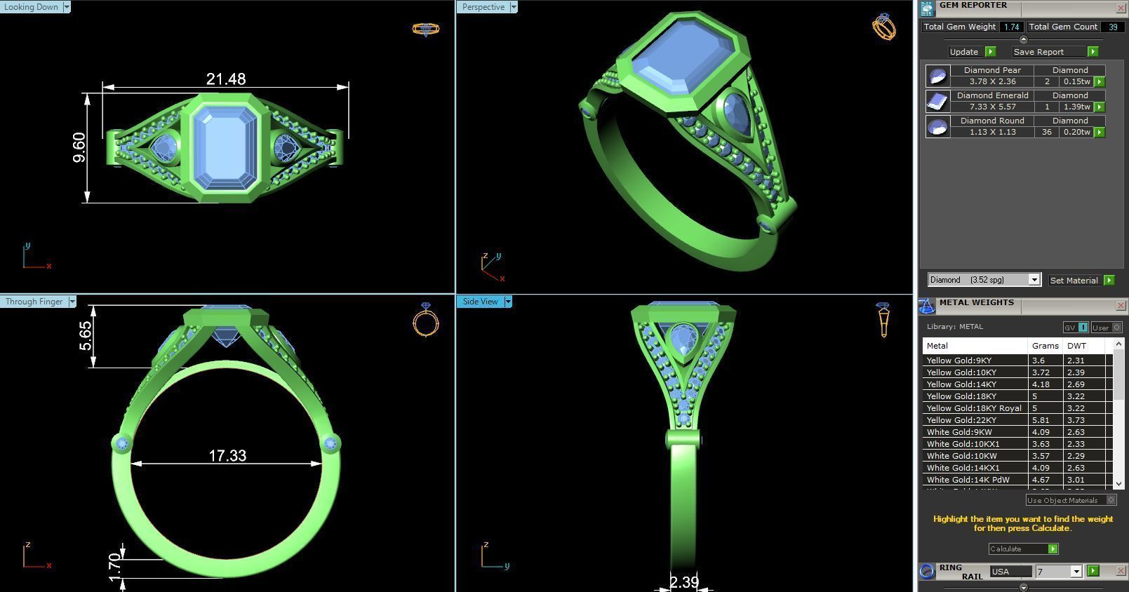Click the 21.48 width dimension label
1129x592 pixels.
[x=226, y=79]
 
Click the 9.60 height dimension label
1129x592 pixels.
[x=79, y=147]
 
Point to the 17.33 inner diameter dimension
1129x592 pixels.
[x=227, y=456]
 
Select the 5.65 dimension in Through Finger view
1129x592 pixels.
[x=85, y=336]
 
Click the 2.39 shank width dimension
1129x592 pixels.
[x=683, y=582]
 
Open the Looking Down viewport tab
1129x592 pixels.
[x=32, y=7]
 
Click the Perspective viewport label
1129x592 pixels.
[x=483, y=7]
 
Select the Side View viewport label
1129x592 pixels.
[x=481, y=302]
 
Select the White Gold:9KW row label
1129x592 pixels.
[x=960, y=432]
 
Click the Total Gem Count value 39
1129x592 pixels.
[x=1112, y=27]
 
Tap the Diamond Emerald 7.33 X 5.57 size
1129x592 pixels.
[x=992, y=107]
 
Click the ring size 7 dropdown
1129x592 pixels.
[x=1058, y=572]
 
